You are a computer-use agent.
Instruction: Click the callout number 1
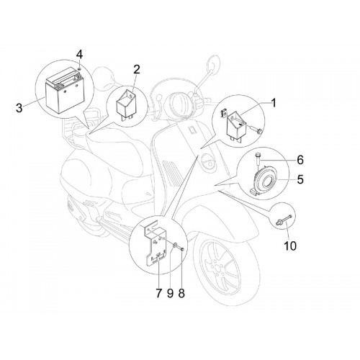[274, 103]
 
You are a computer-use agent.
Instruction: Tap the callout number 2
[136, 69]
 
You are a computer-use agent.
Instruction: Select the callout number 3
[19, 108]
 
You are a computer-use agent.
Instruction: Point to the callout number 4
[79, 55]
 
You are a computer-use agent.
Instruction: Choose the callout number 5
[300, 179]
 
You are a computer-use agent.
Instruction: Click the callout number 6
[300, 160]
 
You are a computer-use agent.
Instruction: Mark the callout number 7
[158, 293]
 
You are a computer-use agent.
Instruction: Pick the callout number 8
[181, 293]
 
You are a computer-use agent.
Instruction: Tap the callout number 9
[170, 293]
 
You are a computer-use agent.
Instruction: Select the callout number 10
[290, 246]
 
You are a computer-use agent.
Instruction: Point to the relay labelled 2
[126, 104]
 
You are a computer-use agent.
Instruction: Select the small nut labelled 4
[79, 69]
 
